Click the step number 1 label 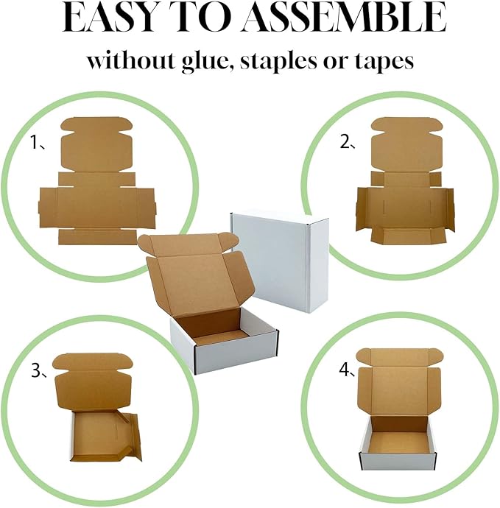(35, 144)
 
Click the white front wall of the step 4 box (395, 461)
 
